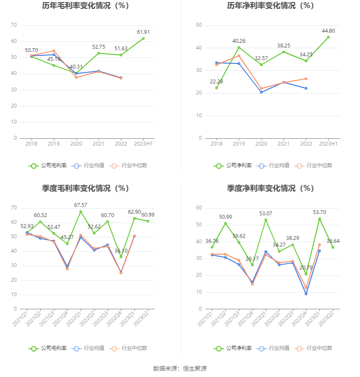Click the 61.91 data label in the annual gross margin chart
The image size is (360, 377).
pyautogui.click(x=143, y=32)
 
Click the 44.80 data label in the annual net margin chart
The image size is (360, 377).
pyautogui.click(x=328, y=31)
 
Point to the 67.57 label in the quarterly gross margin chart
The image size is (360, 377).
pyautogui.click(x=80, y=205)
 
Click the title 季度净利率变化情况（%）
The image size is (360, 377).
pyautogui.click(x=270, y=188)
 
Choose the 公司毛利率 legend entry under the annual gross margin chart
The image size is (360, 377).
pyautogui.click(x=48, y=165)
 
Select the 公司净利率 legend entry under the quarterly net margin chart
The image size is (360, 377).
pyautogui.click(x=233, y=348)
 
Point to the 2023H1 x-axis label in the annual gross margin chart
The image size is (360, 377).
pyautogui.click(x=143, y=144)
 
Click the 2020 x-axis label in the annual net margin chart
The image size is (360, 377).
pyautogui.click(x=261, y=144)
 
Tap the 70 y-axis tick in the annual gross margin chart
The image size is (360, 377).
pyautogui.click(x=14, y=25)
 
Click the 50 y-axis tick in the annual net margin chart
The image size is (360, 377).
pyautogui.click(x=199, y=25)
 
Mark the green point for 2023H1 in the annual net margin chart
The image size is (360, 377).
pyautogui.click(x=328, y=37)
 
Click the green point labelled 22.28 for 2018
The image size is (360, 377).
pyautogui.click(x=216, y=88)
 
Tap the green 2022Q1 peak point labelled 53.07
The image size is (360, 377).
pyautogui.click(x=266, y=220)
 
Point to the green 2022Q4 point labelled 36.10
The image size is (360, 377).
pyautogui.click(x=121, y=257)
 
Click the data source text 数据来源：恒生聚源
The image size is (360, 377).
pyautogui.click(x=180, y=369)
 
